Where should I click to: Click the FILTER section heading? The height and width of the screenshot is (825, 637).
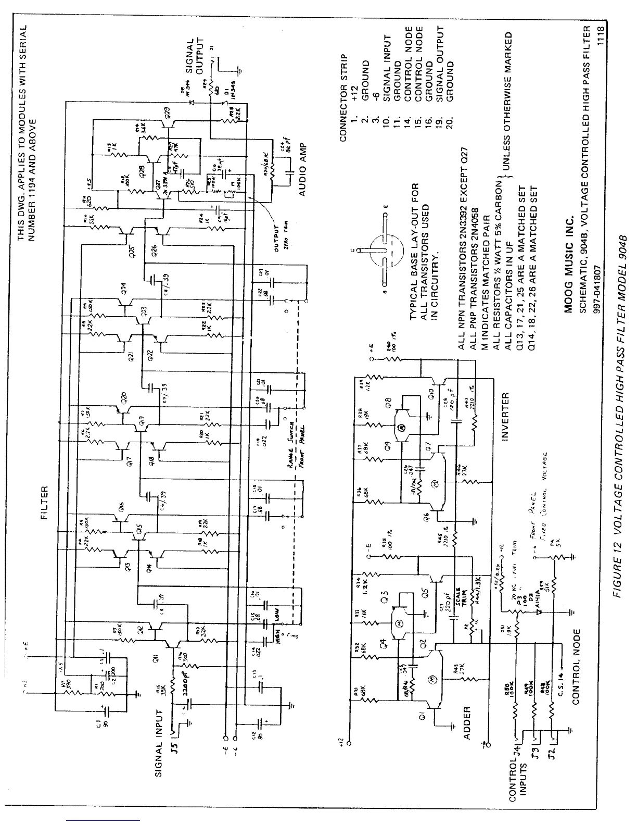pos(45,501)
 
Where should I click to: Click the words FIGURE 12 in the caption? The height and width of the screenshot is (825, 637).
pos(618,732)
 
